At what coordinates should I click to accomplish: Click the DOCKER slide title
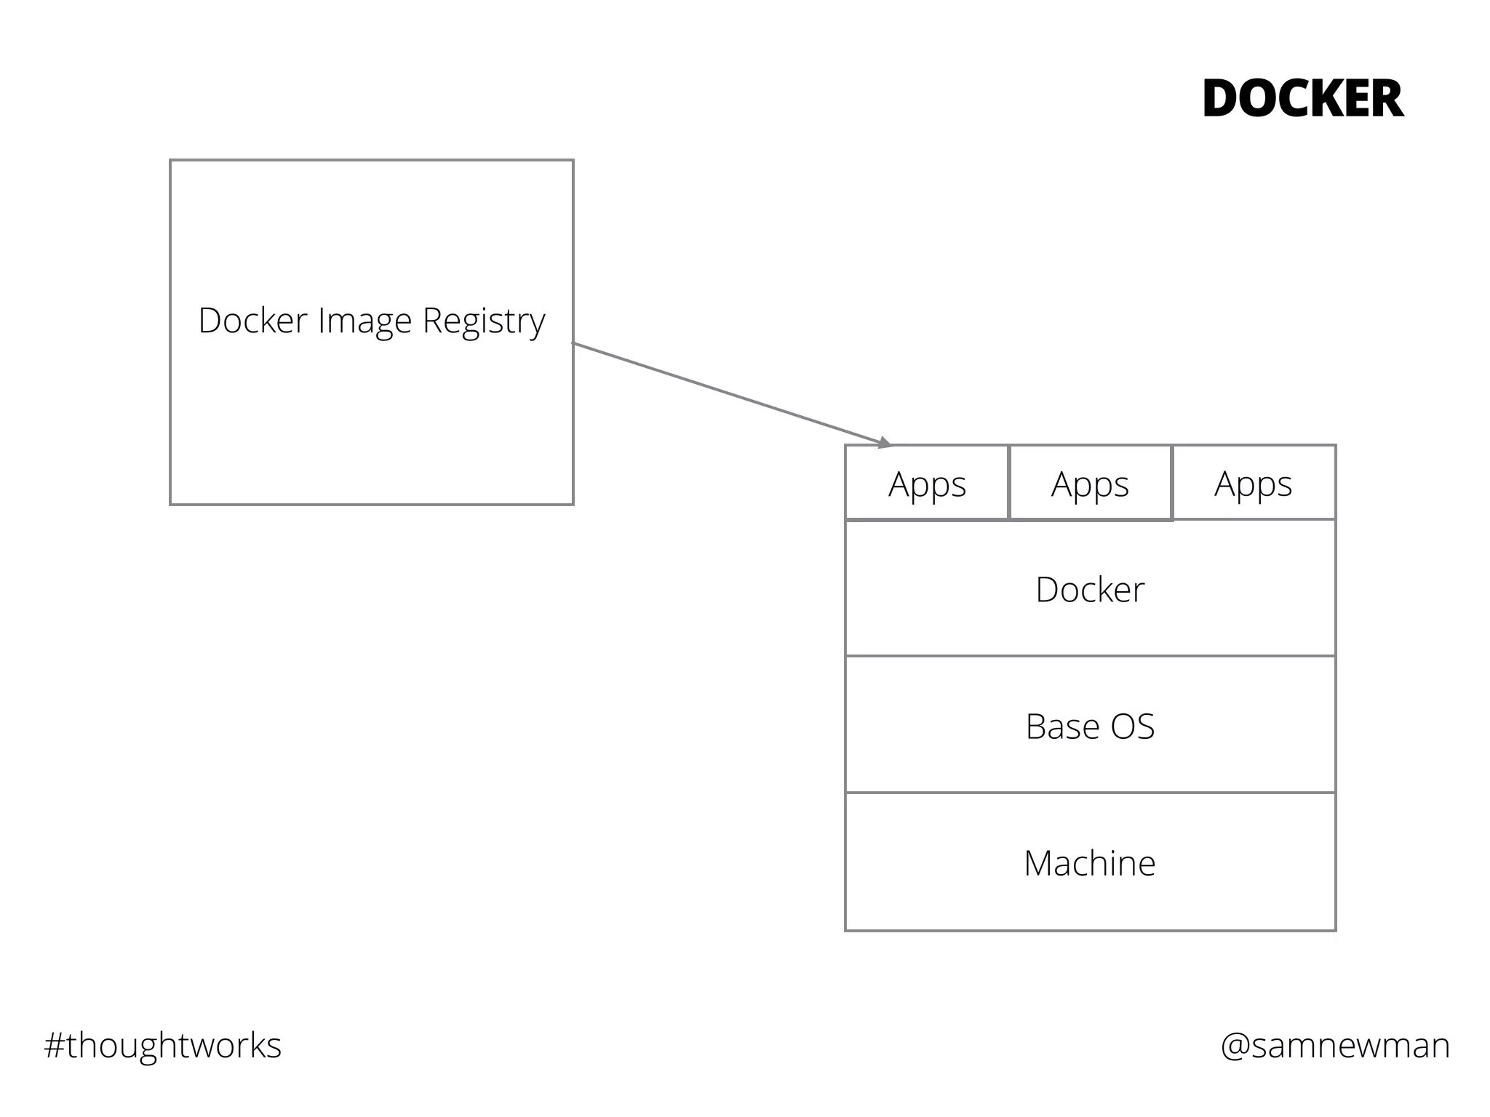[x=1302, y=100]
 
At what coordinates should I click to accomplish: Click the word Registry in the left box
[x=484, y=321]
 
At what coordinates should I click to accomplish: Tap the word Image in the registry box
[x=364, y=321]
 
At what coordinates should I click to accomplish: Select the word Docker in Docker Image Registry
[x=252, y=321]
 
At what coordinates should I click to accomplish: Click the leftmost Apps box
[x=927, y=484]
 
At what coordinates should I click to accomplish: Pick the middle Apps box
[x=1090, y=484]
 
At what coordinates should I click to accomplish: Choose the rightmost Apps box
[x=1253, y=484]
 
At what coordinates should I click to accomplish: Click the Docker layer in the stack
[x=1090, y=589]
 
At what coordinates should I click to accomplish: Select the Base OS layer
[x=1090, y=726]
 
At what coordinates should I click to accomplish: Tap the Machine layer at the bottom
[x=1090, y=862]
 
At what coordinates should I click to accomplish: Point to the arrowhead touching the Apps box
[x=884, y=442]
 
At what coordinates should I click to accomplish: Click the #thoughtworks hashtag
[x=162, y=1046]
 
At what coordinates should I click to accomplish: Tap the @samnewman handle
[x=1335, y=1046]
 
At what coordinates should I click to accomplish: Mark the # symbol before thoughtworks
[x=55, y=1046]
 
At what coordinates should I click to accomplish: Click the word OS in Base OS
[x=1133, y=726]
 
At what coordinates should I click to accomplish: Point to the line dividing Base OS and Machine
[x=1090, y=793]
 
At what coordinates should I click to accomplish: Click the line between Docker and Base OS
[x=1090, y=656]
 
